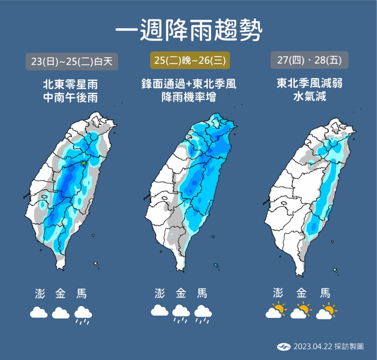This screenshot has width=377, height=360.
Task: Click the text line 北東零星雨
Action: [x=71, y=84]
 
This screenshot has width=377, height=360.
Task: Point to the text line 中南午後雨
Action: [x=71, y=98]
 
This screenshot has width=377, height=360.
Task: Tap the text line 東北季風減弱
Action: [x=309, y=84]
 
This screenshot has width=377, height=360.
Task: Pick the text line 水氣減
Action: [x=309, y=98]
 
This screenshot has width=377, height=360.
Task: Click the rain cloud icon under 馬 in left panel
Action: [x=83, y=314]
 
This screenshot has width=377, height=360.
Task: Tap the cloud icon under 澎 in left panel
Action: [x=39, y=313]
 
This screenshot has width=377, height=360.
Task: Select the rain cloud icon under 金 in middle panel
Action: [x=182, y=313]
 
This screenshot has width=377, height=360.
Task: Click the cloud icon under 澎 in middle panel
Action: [x=160, y=311]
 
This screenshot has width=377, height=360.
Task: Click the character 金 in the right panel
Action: [x=301, y=292]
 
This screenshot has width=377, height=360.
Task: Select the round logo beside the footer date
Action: [x=284, y=346]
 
